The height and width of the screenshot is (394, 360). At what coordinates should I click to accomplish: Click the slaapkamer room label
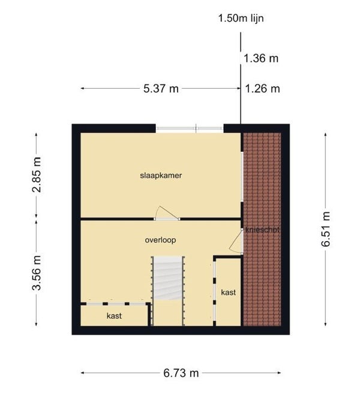(x=161, y=175)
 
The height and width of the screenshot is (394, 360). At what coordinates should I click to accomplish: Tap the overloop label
(x=160, y=240)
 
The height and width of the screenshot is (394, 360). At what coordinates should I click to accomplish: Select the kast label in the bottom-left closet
(x=114, y=315)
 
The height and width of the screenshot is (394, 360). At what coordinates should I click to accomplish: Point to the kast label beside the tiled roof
(x=229, y=292)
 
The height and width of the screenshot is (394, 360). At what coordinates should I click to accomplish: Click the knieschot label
(x=262, y=230)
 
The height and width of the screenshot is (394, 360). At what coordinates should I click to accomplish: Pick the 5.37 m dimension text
(x=161, y=89)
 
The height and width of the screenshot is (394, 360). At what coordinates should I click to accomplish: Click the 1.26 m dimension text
(x=262, y=89)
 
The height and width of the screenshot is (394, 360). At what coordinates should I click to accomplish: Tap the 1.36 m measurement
(x=261, y=59)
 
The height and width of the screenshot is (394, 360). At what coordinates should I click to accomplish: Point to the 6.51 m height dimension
(x=326, y=229)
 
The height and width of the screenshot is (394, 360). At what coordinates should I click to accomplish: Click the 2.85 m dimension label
(x=37, y=175)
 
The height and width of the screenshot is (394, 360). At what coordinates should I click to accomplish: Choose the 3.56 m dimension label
(x=37, y=273)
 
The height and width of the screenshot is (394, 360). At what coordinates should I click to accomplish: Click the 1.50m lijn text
(x=241, y=19)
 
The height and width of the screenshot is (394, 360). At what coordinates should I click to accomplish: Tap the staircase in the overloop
(x=168, y=278)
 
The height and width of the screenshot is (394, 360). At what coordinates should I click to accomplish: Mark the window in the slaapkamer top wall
(x=190, y=129)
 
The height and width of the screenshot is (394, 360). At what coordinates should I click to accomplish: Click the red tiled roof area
(x=262, y=229)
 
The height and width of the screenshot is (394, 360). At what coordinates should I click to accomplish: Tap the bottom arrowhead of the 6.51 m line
(x=326, y=324)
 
